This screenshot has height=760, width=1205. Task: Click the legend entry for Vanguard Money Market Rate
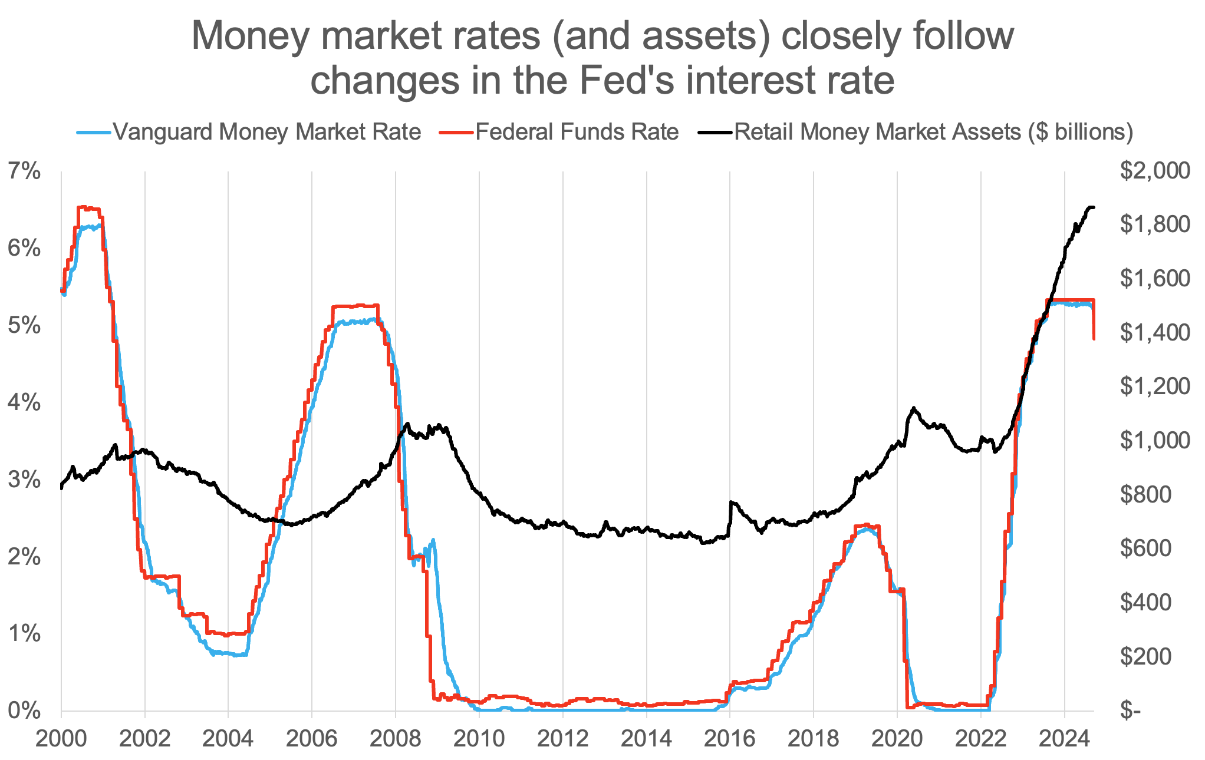click(266, 131)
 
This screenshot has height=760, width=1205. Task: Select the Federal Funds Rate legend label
click(577, 131)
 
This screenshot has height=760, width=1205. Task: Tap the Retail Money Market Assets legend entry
click(933, 131)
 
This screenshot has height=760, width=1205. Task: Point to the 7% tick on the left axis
click(24, 171)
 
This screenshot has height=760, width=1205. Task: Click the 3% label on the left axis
click(24, 480)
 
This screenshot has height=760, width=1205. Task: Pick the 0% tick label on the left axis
click(24, 711)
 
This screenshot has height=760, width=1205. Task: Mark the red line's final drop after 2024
click(1094, 321)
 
